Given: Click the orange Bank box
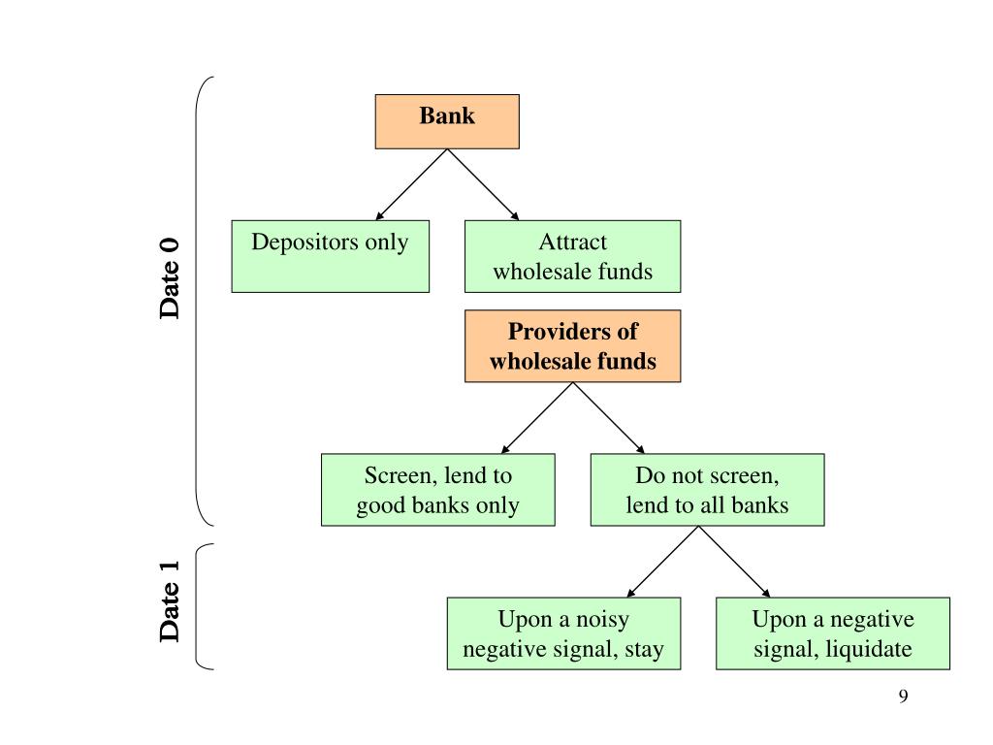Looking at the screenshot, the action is [447, 121].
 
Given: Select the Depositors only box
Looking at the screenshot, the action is [330, 256].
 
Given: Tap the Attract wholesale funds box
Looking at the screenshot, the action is [572, 256].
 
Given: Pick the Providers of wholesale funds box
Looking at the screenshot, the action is [572, 346].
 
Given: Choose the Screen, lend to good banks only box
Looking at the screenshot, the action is [437, 490].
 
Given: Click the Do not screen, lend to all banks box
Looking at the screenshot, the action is [707, 490].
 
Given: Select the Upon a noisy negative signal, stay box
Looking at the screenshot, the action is [563, 633].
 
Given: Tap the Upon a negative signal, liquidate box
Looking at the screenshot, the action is [833, 633].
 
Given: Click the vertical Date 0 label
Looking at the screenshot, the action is [169, 278].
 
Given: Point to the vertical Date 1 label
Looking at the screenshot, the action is [169, 601].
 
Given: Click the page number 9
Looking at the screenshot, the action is [903, 696].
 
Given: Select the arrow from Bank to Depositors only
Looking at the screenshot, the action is [411, 185].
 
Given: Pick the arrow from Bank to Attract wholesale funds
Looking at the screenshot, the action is [483, 185].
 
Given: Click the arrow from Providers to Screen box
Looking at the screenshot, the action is [537, 418].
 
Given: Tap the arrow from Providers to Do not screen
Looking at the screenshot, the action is [609, 418].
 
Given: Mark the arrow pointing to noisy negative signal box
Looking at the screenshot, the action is [662, 562].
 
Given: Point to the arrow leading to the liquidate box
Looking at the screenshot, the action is [735, 562].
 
